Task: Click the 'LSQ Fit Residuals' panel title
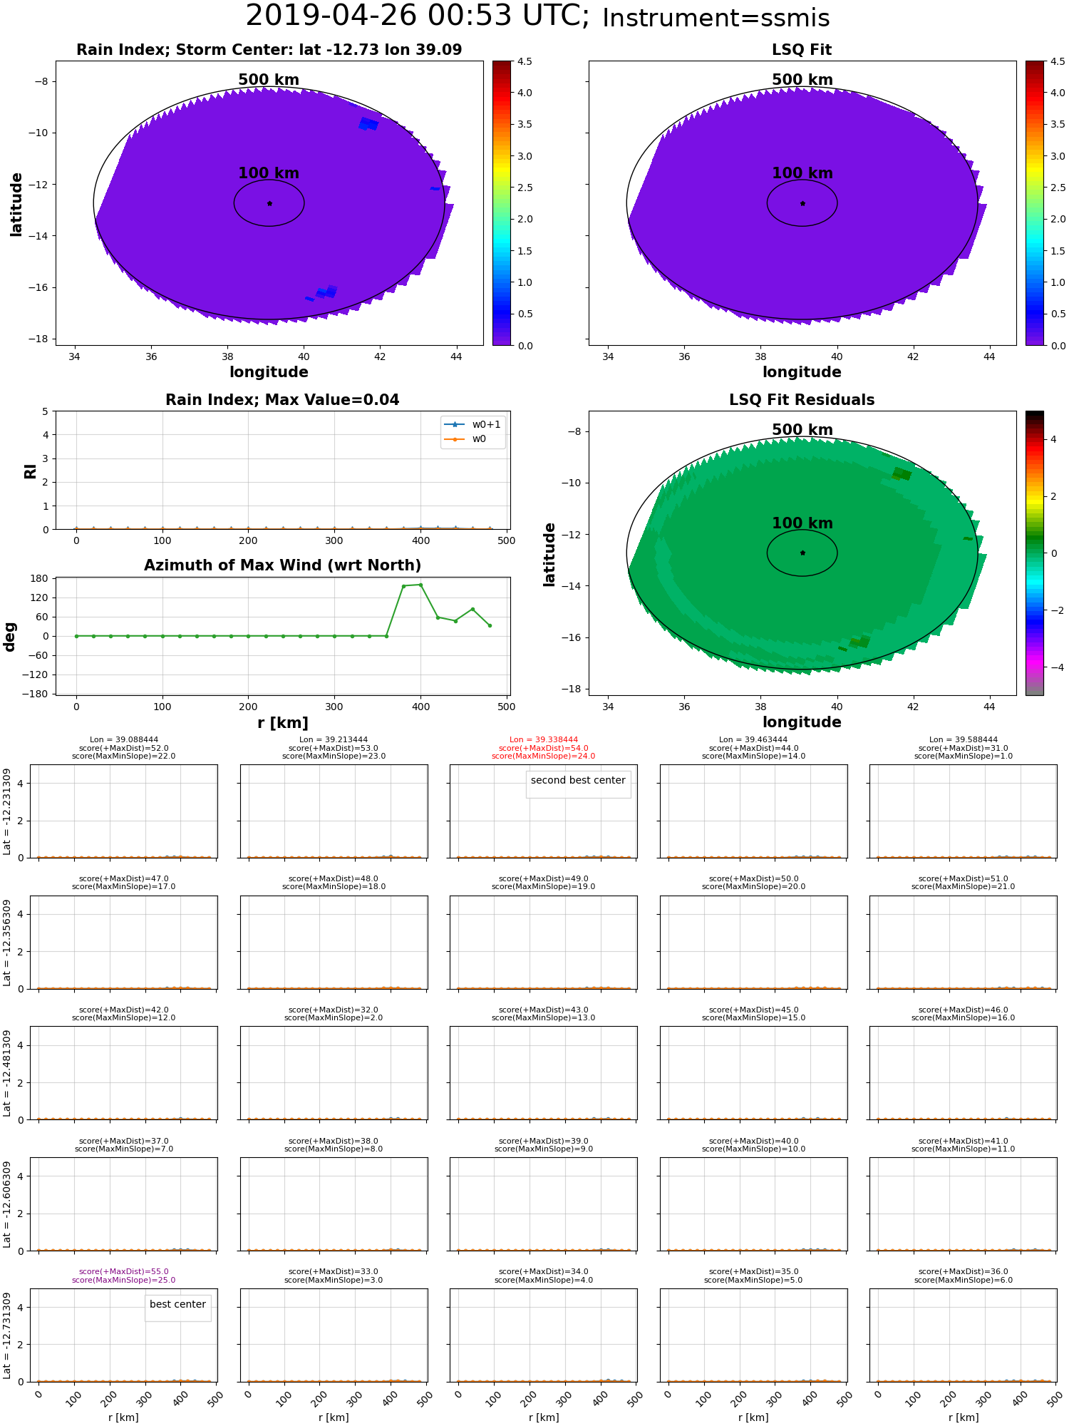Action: tap(802, 400)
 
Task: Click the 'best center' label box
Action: tap(177, 1304)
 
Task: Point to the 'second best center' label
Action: tap(578, 780)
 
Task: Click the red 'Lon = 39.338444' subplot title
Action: tap(544, 740)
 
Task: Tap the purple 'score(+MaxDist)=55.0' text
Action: tap(124, 1272)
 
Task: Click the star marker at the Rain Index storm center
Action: tap(269, 203)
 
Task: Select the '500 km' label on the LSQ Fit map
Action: tap(802, 80)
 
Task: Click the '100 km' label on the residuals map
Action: tap(802, 523)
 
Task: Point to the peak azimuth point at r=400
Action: tap(420, 585)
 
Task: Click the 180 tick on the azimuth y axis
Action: tap(39, 578)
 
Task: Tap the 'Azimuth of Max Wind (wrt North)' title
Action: tap(282, 565)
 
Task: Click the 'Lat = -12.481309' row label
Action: tap(7, 1073)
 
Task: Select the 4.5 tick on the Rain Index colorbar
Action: tap(524, 62)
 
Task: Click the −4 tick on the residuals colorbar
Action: tap(1053, 667)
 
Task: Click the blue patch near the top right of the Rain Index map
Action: tap(368, 123)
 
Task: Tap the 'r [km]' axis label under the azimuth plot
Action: tap(282, 723)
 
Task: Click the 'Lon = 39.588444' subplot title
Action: tap(963, 740)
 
